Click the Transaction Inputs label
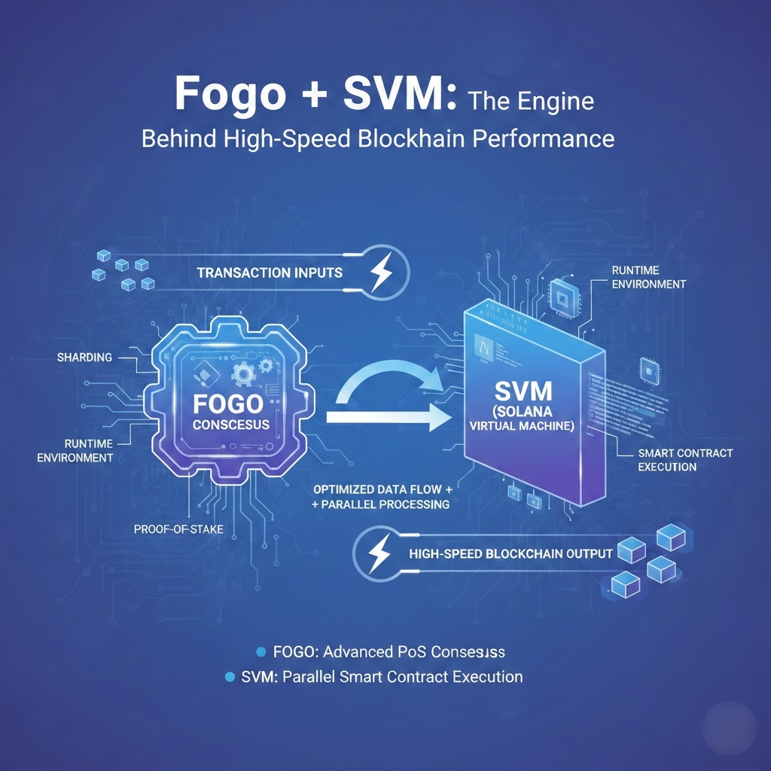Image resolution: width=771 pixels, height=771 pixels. coord(270,272)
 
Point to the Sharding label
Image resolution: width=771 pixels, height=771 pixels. coord(84,356)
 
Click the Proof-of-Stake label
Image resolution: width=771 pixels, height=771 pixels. coord(178,529)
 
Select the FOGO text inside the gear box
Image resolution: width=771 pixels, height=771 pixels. coord(227,404)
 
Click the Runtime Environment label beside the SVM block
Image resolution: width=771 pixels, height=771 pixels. coord(648,277)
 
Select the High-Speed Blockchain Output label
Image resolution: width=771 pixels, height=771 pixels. coord(510,554)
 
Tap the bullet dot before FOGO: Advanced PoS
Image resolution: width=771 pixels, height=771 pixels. coord(262,651)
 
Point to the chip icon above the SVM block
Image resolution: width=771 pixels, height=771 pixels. coord(562,293)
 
